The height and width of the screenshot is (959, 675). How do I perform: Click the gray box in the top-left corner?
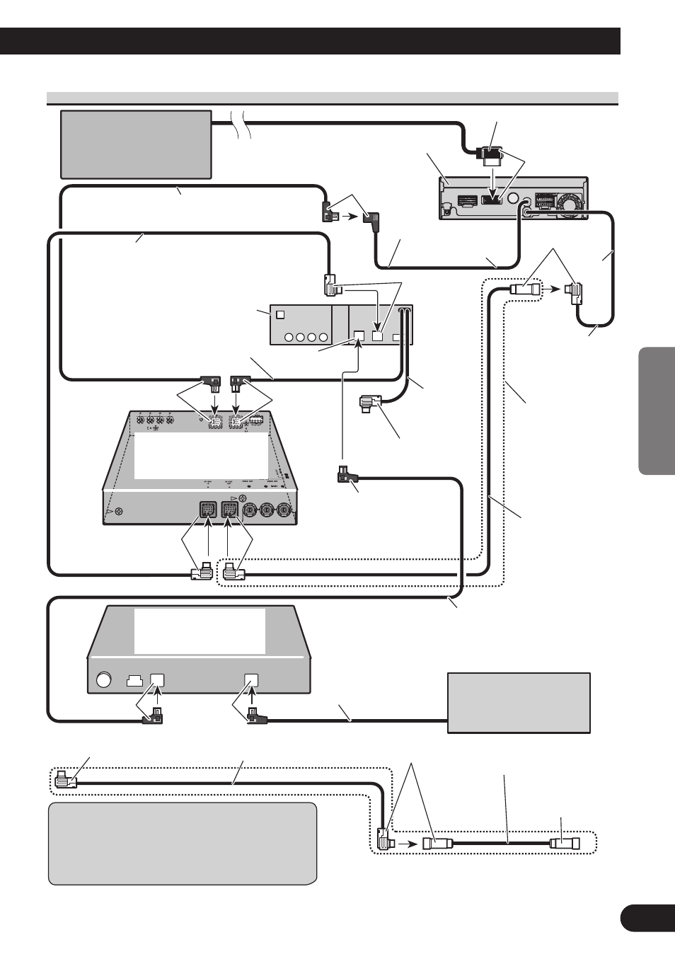click(136, 144)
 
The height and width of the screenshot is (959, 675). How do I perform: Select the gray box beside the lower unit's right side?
click(519, 703)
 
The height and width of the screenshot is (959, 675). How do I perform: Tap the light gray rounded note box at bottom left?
click(182, 843)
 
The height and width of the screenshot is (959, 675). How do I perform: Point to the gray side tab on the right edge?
click(656, 410)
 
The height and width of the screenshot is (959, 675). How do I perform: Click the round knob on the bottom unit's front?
click(104, 680)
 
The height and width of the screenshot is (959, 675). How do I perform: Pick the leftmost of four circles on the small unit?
click(289, 337)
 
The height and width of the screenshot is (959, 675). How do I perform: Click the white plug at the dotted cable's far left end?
click(64, 779)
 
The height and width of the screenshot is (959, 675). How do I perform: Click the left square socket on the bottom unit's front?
click(157, 680)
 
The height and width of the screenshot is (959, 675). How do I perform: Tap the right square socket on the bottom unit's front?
click(251, 680)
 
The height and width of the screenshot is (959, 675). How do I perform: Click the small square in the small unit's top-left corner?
click(280, 314)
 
